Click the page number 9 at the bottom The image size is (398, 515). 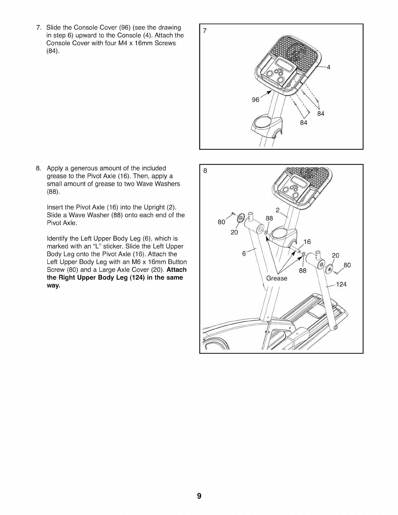199,496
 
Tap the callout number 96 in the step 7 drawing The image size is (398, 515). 256,100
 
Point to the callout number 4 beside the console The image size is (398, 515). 328,67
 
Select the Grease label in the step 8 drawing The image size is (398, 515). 277,278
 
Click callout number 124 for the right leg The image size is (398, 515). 341,284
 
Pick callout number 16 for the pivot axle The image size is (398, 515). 307,242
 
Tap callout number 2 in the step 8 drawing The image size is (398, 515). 278,210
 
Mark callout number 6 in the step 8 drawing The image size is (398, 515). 244,254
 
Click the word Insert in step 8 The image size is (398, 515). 55,207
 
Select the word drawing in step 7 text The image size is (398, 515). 169,27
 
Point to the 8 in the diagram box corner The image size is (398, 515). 205,171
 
